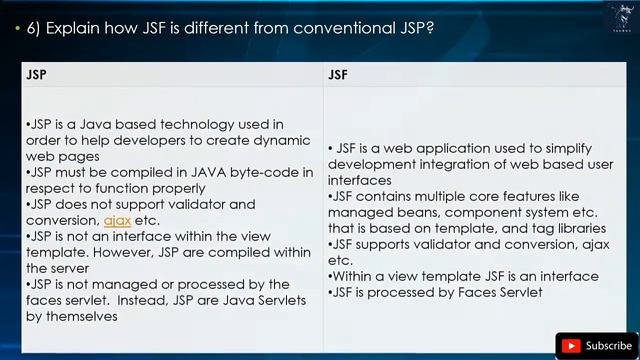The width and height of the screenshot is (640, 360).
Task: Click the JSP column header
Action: [x=36, y=74]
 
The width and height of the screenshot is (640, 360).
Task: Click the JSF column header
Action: [x=338, y=74]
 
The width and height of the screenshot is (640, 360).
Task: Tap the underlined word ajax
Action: [x=117, y=220]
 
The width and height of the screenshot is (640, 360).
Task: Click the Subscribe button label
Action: [x=608, y=346]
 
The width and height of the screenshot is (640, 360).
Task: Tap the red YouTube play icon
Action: [x=572, y=346]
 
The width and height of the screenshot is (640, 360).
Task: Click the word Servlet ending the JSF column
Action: [x=517, y=292]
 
